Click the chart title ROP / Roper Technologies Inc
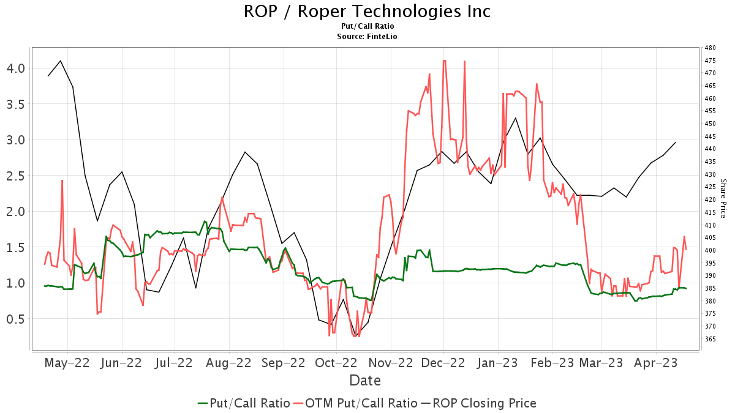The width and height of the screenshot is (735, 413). (367, 12)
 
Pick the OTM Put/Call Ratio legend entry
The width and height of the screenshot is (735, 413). (355, 403)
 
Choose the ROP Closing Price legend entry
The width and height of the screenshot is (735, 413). (478, 403)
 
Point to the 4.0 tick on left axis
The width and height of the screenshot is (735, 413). (17, 68)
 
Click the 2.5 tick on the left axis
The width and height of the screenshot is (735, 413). (17, 176)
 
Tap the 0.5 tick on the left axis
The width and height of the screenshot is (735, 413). (17, 319)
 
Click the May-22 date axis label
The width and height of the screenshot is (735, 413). (67, 362)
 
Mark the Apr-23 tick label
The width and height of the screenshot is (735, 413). (656, 362)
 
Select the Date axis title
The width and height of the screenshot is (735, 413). (365, 381)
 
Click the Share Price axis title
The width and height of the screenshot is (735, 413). (723, 198)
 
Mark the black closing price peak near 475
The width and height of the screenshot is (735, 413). (60, 61)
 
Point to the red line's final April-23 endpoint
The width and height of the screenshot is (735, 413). (686, 249)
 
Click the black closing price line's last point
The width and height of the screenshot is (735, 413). (676, 142)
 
